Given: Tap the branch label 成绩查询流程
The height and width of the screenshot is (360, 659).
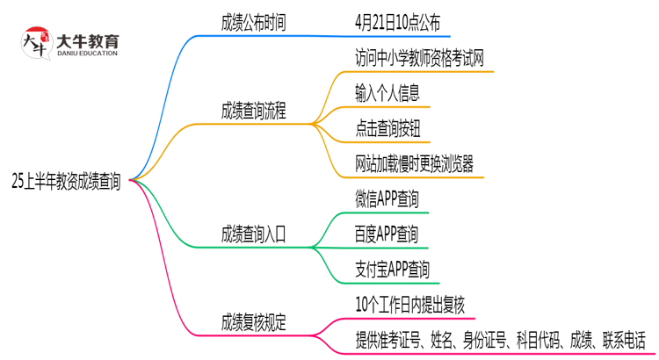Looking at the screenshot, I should pyautogui.click(x=253, y=112).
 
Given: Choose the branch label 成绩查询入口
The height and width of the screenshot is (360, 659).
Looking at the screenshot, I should pyautogui.click(x=253, y=234).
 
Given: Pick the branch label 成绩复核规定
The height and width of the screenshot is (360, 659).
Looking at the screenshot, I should pyautogui.click(x=253, y=322).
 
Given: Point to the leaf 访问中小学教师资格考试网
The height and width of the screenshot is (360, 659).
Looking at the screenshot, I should pyautogui.click(x=419, y=59).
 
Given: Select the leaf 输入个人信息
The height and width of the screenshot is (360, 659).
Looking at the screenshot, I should pyautogui.click(x=387, y=93).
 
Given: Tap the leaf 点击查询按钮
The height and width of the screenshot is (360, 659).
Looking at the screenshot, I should pyautogui.click(x=387, y=128).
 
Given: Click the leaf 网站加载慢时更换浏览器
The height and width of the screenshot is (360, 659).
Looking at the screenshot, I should pyautogui.click(x=414, y=163).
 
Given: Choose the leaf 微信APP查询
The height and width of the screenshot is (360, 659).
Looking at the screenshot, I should pyautogui.click(x=387, y=200).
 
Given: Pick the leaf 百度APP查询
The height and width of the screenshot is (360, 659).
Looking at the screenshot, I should pyautogui.click(x=387, y=234).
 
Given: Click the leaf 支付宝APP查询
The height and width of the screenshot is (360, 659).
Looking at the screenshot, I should pyautogui.click(x=392, y=269).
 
